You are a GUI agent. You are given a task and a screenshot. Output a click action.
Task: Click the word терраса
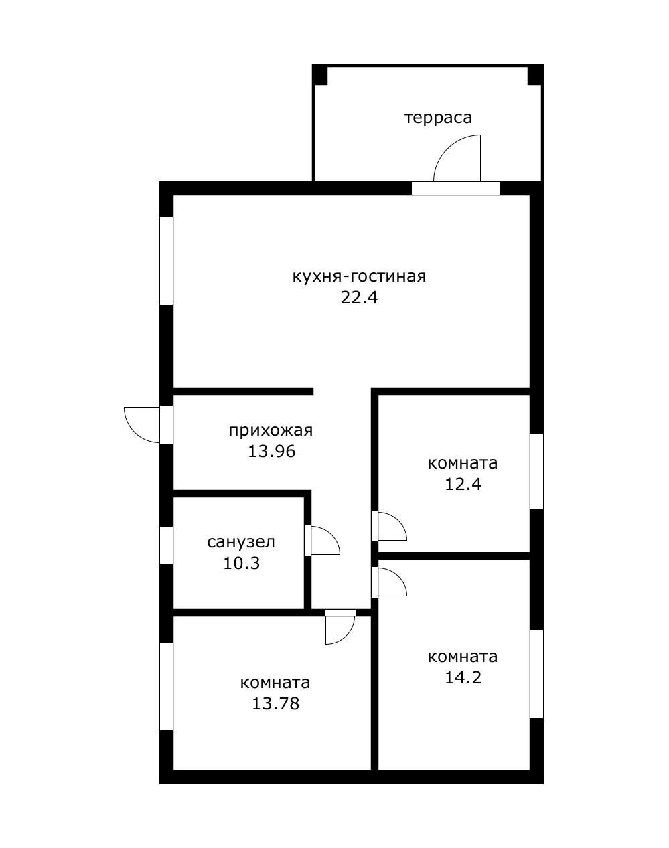[x=438, y=118]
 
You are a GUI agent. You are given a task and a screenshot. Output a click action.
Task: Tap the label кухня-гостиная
[x=359, y=276]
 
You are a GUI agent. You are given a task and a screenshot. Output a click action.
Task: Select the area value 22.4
[x=359, y=298]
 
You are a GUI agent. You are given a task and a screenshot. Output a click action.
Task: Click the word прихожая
[x=271, y=430]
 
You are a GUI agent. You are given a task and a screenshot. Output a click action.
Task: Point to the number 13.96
[x=271, y=452]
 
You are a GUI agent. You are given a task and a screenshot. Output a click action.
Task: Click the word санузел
[x=241, y=542]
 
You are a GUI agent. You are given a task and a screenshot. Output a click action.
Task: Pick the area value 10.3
[x=241, y=564]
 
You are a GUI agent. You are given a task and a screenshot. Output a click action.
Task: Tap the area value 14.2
[x=463, y=677]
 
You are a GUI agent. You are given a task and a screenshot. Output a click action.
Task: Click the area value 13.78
[x=275, y=703]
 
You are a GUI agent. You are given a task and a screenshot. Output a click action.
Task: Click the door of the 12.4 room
[x=392, y=526]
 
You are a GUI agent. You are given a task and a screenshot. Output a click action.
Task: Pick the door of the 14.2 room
[x=392, y=581]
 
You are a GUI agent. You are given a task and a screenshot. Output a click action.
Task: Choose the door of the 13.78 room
[x=339, y=629]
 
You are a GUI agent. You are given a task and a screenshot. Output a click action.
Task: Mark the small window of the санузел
[x=166, y=545]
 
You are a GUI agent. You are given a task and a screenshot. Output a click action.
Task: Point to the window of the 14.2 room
[x=536, y=674]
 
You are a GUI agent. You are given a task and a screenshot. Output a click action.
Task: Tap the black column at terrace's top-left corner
[x=320, y=74]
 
